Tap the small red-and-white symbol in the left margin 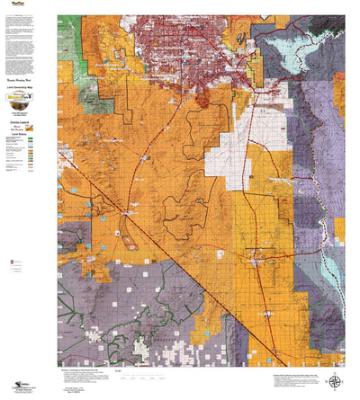pyautogui.click(x=12, y=262)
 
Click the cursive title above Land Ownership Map pyautogui.click(x=28, y=78)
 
